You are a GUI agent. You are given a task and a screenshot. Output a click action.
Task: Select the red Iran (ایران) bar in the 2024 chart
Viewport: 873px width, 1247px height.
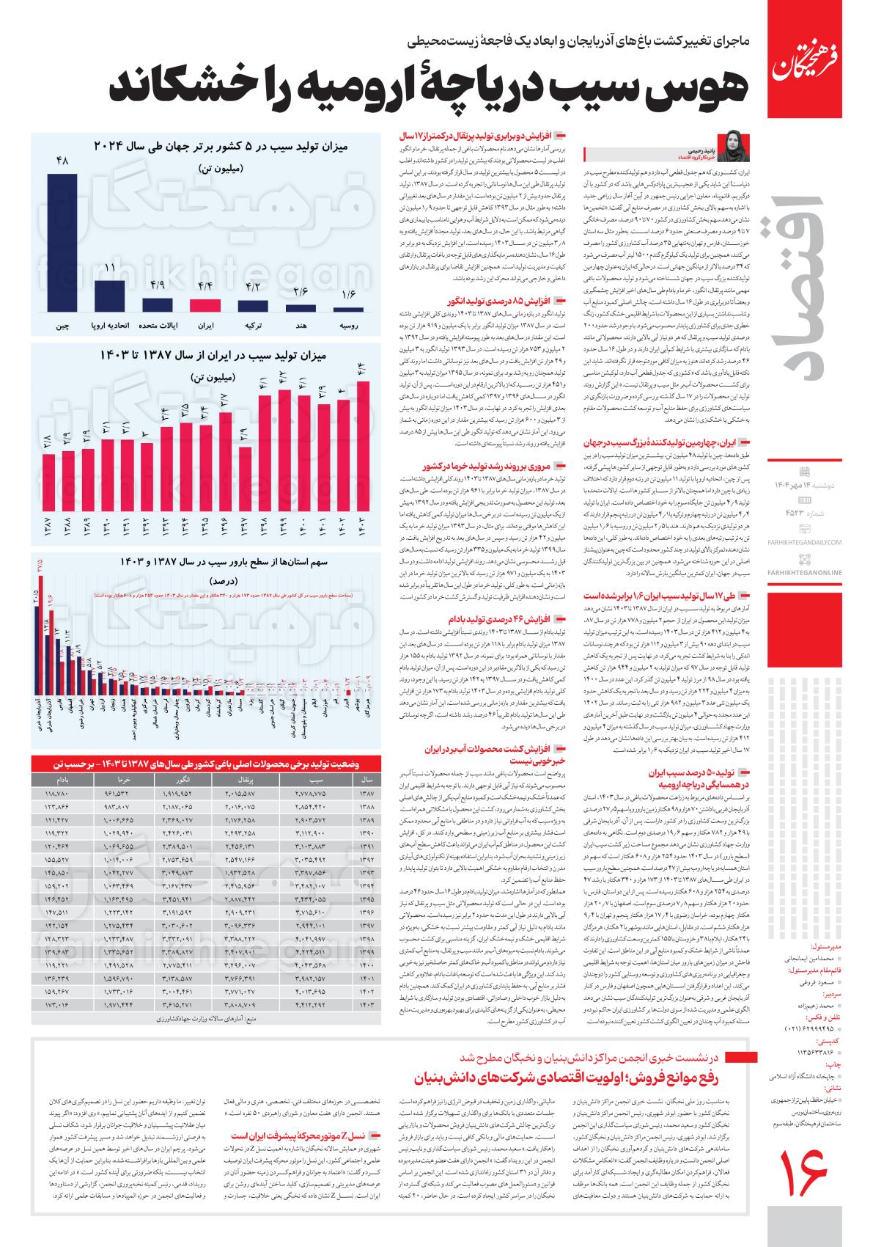coord(205,305)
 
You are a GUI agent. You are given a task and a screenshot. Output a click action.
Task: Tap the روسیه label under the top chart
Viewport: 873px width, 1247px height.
coord(348,325)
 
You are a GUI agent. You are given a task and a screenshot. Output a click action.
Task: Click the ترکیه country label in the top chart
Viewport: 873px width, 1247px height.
coord(253,325)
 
